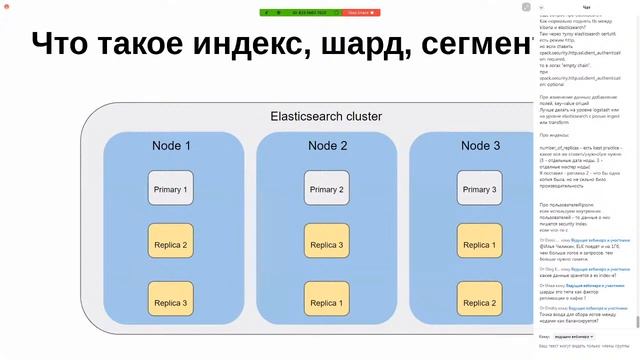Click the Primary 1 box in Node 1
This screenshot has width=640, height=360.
(x=171, y=189)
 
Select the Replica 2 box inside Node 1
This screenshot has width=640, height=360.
(x=171, y=244)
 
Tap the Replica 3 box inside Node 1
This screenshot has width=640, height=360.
(x=171, y=302)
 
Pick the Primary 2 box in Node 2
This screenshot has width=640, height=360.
(x=326, y=189)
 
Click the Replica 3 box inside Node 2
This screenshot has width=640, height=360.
(x=326, y=244)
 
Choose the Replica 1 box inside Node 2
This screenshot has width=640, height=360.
(x=326, y=302)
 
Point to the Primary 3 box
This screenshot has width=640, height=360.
(x=479, y=189)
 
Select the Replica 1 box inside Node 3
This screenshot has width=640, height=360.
(x=479, y=244)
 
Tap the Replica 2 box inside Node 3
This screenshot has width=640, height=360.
(x=479, y=302)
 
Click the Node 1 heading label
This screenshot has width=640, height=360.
(x=171, y=146)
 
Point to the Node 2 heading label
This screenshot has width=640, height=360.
(x=327, y=146)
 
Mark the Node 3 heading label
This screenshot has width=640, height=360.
(x=481, y=146)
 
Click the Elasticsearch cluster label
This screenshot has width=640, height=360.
(x=326, y=116)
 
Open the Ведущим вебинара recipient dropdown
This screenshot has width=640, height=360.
(x=574, y=337)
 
